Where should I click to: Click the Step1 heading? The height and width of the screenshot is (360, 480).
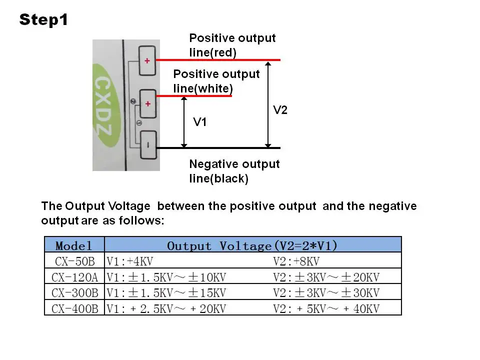click(x=43, y=20)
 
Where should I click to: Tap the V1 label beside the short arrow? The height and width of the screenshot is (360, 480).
click(x=199, y=122)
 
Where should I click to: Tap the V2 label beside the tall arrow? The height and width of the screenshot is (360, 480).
click(x=280, y=110)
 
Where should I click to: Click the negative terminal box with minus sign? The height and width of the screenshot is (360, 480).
click(x=148, y=145)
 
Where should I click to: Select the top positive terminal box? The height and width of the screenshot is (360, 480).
click(x=147, y=60)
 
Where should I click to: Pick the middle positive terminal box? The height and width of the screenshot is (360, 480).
click(x=148, y=104)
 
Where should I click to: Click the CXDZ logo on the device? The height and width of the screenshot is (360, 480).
click(x=104, y=105)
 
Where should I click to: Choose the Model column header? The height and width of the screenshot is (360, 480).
click(x=74, y=245)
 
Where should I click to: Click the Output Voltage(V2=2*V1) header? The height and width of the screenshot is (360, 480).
click(x=252, y=245)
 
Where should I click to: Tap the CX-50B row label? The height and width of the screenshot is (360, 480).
click(x=75, y=261)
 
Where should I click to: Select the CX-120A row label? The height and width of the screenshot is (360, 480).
click(x=74, y=277)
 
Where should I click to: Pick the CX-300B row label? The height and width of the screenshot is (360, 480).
click(x=74, y=293)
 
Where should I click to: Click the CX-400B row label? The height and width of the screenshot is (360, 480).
click(x=74, y=309)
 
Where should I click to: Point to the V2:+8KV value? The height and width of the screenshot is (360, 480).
click(x=296, y=261)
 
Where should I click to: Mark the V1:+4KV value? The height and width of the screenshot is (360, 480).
click(x=130, y=261)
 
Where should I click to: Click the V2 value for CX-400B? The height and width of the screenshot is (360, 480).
click(x=326, y=309)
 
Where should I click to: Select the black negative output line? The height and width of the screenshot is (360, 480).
click(x=218, y=148)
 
